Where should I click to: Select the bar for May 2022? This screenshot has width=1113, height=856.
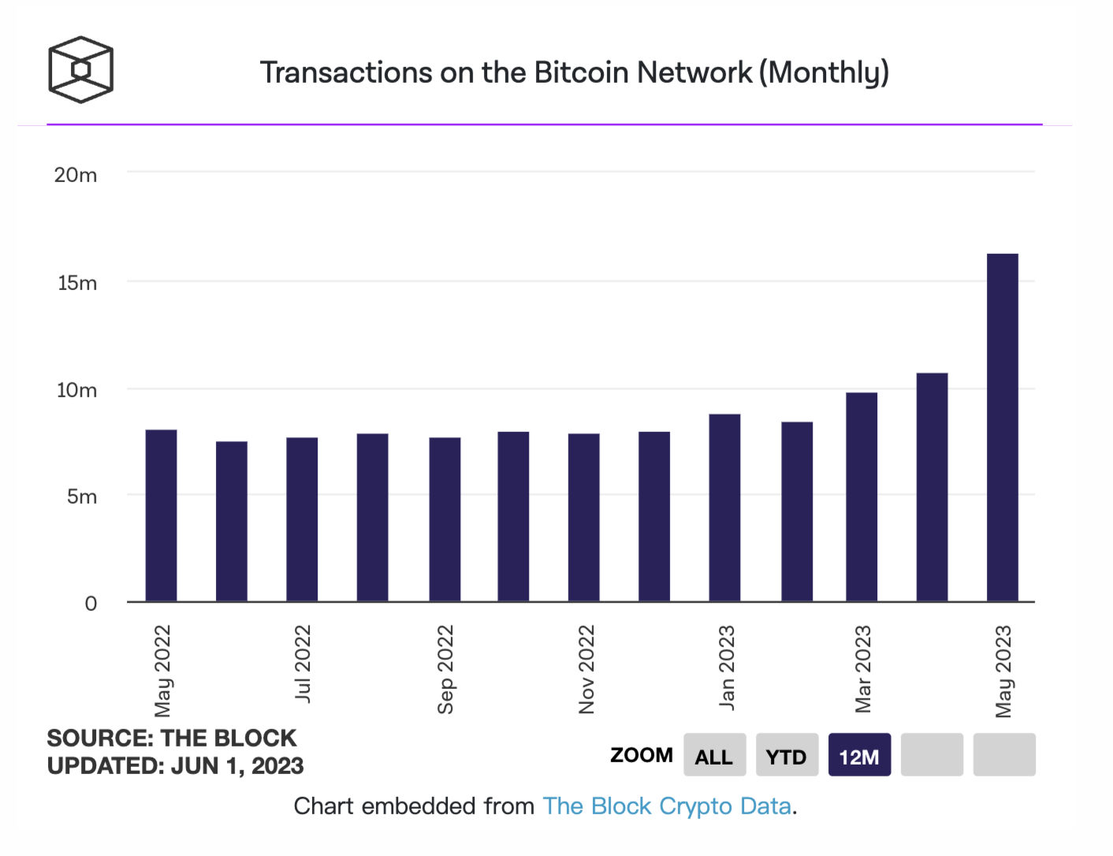pos(162,515)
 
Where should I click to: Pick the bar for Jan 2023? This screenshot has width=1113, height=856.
pos(724,508)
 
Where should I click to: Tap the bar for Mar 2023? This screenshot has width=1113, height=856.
pos(862,497)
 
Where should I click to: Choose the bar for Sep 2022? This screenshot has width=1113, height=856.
pos(445,519)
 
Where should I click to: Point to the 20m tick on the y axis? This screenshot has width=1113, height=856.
pos(76,175)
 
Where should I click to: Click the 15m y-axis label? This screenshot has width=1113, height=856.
pos(77,283)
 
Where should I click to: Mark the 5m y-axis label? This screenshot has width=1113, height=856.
pos(82,497)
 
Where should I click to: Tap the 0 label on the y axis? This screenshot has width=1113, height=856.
pos(91,604)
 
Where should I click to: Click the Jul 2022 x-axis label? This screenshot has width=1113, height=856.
pos(303,663)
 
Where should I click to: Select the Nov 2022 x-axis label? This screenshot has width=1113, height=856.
pos(586,669)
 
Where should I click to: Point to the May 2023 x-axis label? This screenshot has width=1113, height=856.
pos(1003,671)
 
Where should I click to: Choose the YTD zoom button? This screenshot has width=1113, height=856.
pos(786,756)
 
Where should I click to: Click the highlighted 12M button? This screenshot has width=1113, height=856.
pos(858,756)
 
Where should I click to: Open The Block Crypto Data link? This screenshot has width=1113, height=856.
pos(667,806)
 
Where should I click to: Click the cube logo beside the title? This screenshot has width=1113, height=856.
pos(80,69)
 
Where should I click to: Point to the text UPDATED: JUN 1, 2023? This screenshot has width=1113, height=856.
pos(175,766)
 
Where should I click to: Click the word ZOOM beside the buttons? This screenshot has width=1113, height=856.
pos(641,755)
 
